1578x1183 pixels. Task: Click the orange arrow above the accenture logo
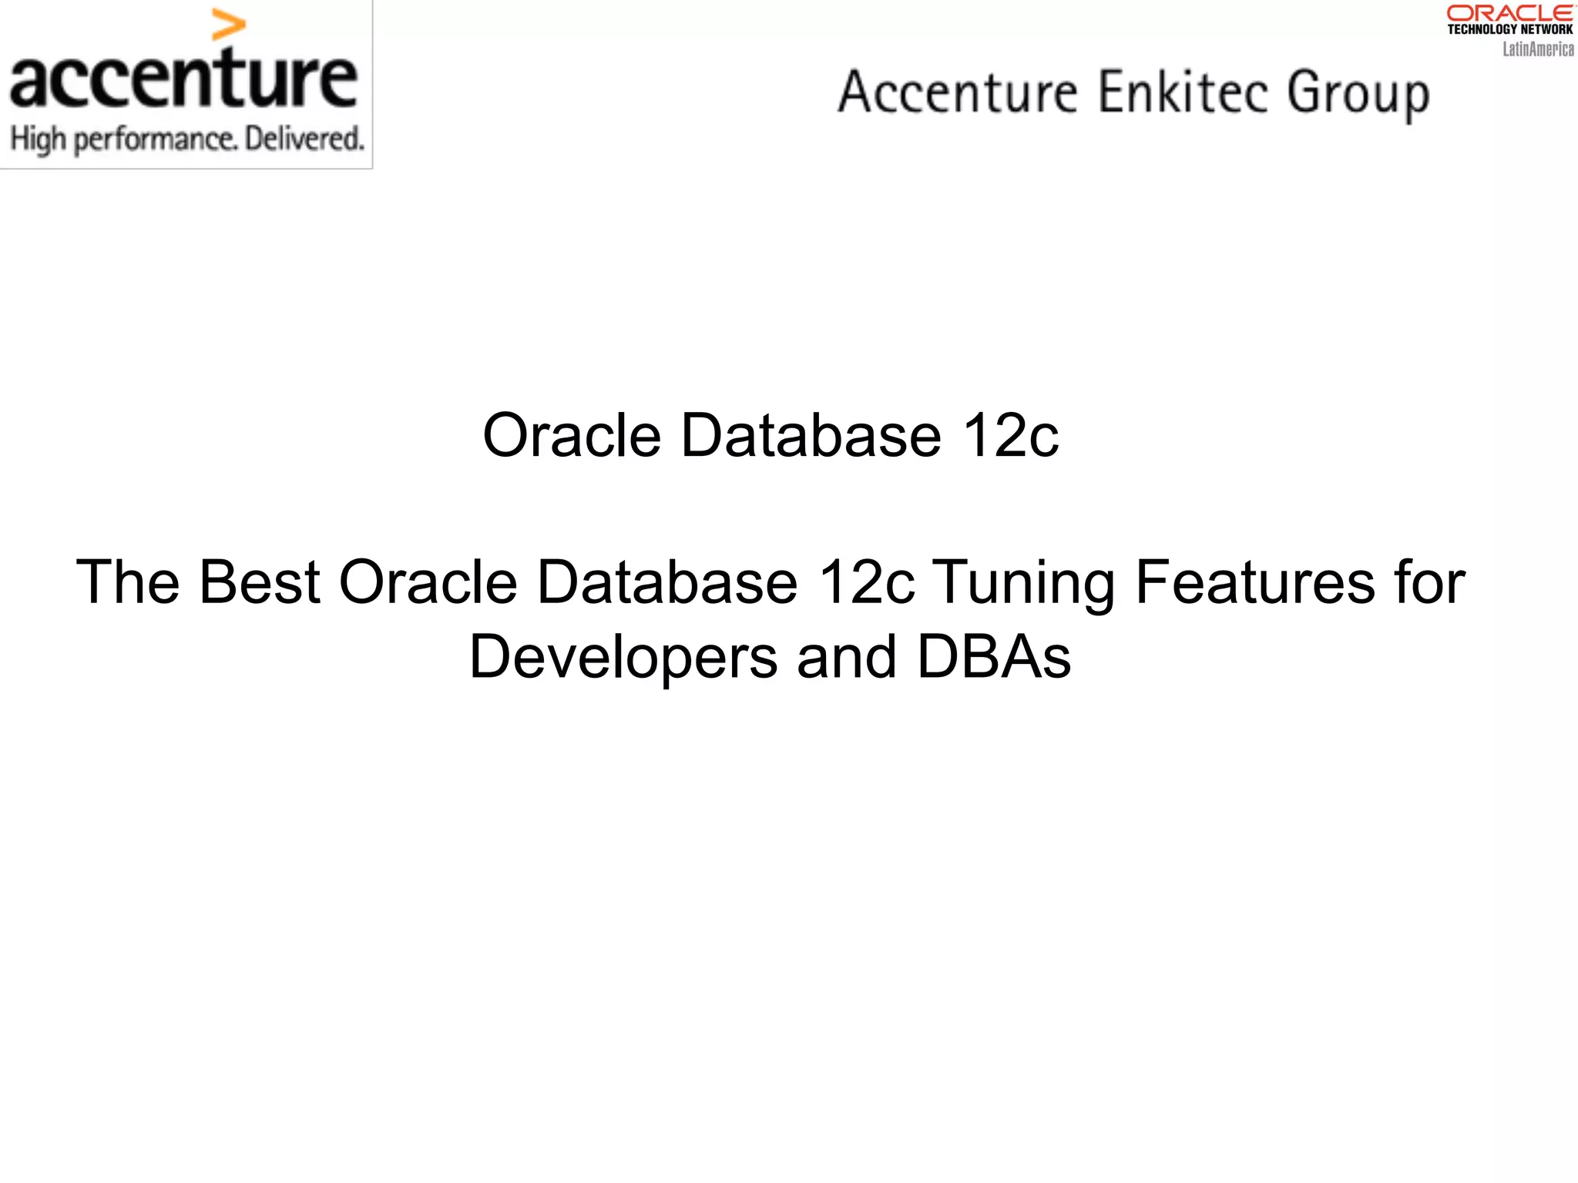click(228, 25)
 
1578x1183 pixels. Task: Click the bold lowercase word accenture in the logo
click(183, 79)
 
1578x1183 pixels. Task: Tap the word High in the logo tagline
click(38, 139)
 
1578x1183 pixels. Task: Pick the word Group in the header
click(1358, 94)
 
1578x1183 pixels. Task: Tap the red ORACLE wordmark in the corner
click(1509, 13)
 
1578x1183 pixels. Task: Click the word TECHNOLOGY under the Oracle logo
click(1482, 29)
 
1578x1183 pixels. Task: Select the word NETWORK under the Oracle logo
click(1546, 29)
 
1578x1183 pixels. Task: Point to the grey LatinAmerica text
click(1538, 49)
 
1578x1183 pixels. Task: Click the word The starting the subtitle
click(127, 581)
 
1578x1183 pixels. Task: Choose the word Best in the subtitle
click(260, 581)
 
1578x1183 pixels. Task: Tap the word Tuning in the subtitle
click(1024, 583)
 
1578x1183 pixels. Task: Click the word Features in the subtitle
click(1254, 581)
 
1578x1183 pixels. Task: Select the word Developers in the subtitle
click(623, 658)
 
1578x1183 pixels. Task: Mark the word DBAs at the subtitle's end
click(994, 656)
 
